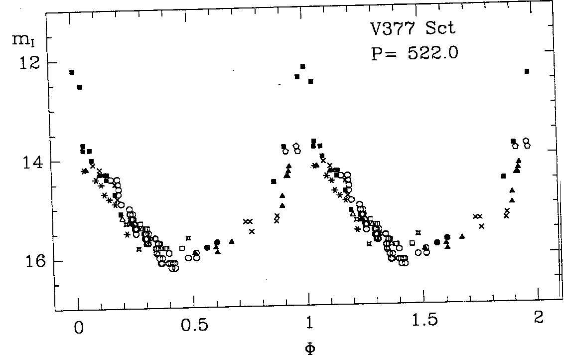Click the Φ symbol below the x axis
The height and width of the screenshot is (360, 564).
[x=309, y=348]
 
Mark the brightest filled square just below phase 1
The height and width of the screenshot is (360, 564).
[x=302, y=66]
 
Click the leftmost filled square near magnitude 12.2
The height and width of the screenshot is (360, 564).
[x=72, y=72]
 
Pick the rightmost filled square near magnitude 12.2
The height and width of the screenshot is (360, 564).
[x=527, y=71]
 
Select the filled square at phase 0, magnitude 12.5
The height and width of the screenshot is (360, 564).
[x=80, y=87]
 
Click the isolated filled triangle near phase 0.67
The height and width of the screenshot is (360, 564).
[x=232, y=241]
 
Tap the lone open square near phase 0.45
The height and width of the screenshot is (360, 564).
[x=182, y=248]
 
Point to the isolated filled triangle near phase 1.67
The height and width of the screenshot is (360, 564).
[x=462, y=236]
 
